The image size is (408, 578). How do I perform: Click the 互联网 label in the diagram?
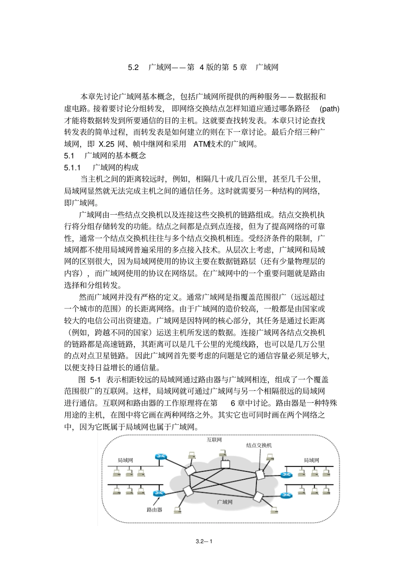point(214,440)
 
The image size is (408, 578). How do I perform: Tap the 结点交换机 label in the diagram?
point(259,445)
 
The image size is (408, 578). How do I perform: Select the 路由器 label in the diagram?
point(154,510)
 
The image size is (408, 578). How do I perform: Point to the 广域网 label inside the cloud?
point(224,502)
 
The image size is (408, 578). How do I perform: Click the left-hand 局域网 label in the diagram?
point(125,460)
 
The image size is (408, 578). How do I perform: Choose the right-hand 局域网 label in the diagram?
point(311,460)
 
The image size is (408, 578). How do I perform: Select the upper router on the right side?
point(285,475)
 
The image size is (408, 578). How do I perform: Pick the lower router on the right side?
point(285,495)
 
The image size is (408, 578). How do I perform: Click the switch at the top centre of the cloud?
point(225,464)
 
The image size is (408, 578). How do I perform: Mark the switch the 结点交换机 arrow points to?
point(259,474)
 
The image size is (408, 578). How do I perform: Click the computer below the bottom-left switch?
point(177,509)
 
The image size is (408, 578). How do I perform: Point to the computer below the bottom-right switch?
point(274,509)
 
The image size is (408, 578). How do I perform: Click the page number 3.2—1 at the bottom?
point(204,541)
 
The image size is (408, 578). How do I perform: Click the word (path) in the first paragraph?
point(330,109)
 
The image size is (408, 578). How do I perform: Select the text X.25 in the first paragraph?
point(106,144)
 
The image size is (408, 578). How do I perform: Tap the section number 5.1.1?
point(72,167)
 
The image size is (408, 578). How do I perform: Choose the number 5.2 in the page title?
point(134,67)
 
